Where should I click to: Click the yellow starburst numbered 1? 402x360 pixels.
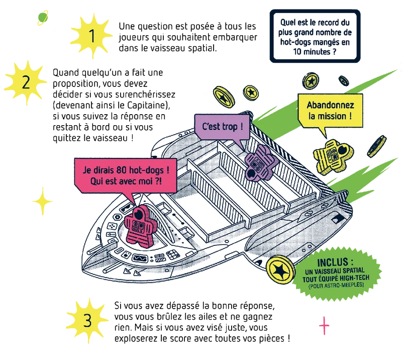click(x=91, y=36)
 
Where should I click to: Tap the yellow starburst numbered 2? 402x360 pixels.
click(x=26, y=82)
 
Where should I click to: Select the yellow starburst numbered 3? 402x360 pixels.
click(x=87, y=320)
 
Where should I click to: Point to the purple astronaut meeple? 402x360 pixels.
click(x=261, y=162)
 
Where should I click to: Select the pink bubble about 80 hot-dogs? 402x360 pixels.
click(x=126, y=177)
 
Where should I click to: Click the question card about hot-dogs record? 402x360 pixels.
click(x=315, y=36)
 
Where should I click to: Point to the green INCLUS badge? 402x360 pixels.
click(x=336, y=274)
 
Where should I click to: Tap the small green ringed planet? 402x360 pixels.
click(x=43, y=18)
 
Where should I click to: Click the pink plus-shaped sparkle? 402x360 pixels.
click(x=324, y=326)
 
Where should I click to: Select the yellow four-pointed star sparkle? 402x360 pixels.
click(x=43, y=201)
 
